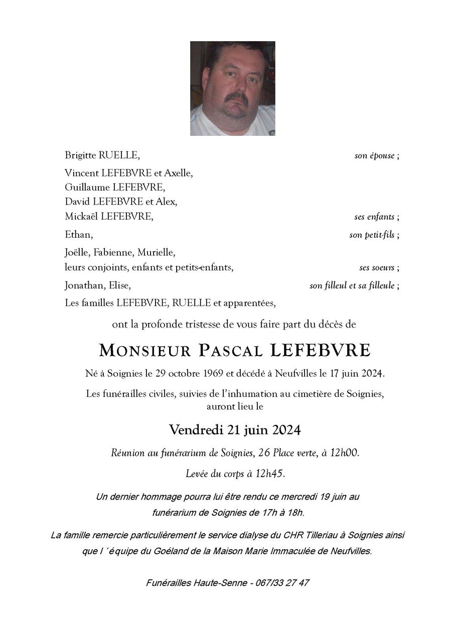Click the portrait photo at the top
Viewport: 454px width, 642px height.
(x=232, y=88)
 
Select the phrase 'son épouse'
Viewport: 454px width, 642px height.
(x=374, y=155)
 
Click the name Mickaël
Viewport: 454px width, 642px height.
(x=81, y=216)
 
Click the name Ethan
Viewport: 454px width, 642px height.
(x=78, y=234)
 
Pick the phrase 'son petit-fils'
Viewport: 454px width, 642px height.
(x=372, y=235)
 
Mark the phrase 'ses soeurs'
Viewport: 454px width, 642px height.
(x=377, y=268)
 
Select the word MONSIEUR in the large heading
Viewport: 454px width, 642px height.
(x=145, y=351)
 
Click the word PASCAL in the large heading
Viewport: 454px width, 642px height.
(x=230, y=351)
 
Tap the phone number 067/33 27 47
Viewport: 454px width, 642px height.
(x=282, y=583)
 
